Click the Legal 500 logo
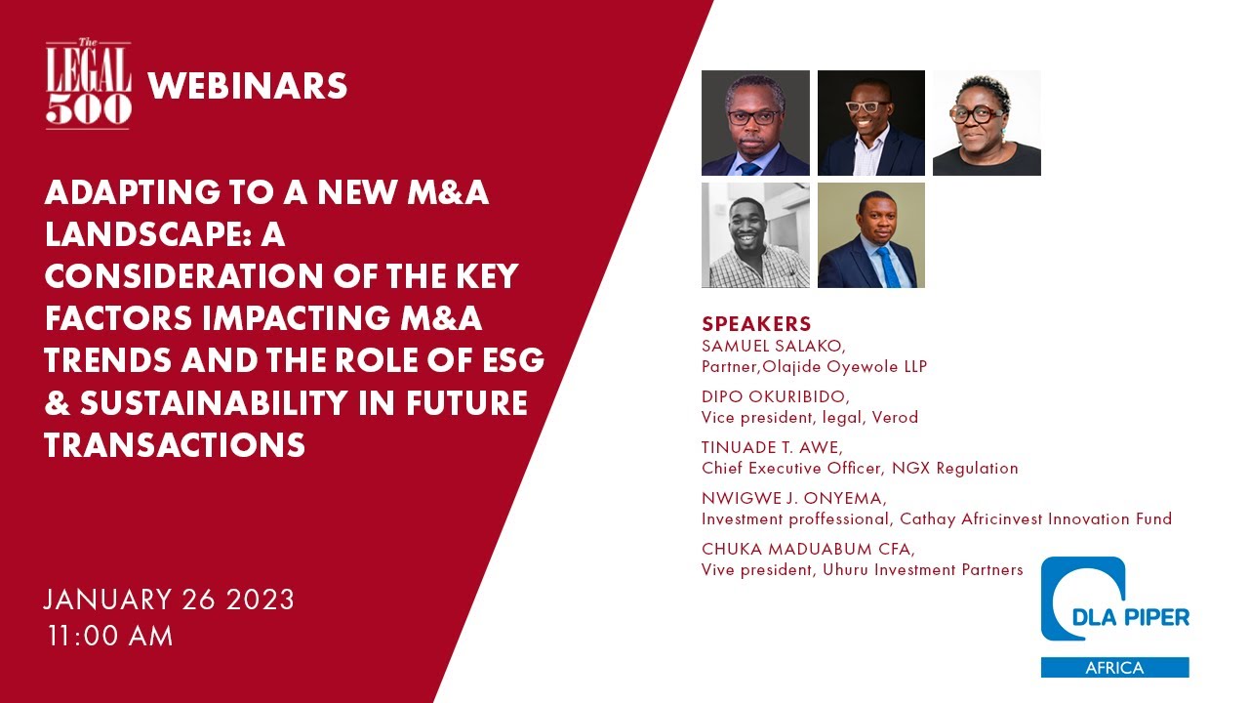pos(88,86)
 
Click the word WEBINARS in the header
pos(247,87)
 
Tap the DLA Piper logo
pos(1113,604)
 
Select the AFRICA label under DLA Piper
pos(1114,668)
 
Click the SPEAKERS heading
pos(756,324)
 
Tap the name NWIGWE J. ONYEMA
pos(793,499)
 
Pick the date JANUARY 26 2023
pos(169,599)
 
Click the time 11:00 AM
pos(110,636)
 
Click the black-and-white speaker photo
pos(755,235)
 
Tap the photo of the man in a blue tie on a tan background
pos(870,235)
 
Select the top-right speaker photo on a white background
pos(987,123)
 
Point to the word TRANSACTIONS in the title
pos(175,445)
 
